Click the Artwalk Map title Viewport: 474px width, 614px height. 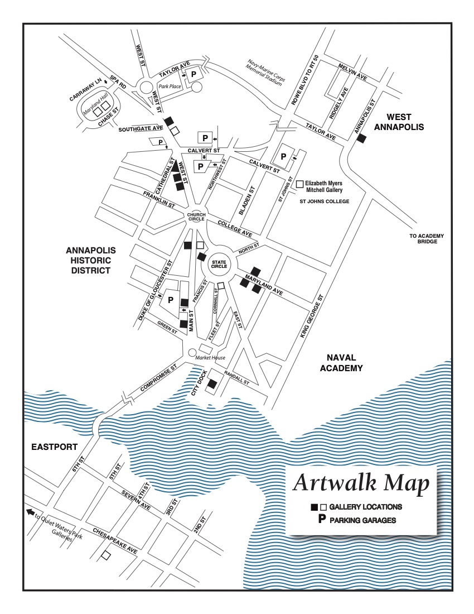(361, 483)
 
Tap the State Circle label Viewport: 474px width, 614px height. (219, 263)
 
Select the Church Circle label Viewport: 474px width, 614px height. (196, 217)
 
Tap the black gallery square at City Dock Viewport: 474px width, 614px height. (212, 383)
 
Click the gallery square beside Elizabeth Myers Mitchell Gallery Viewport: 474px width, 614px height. (299, 183)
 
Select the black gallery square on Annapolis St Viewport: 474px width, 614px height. (361, 138)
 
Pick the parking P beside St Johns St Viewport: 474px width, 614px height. (283, 157)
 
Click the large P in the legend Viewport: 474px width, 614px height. (321, 520)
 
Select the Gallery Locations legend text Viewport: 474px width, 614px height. (365, 507)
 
